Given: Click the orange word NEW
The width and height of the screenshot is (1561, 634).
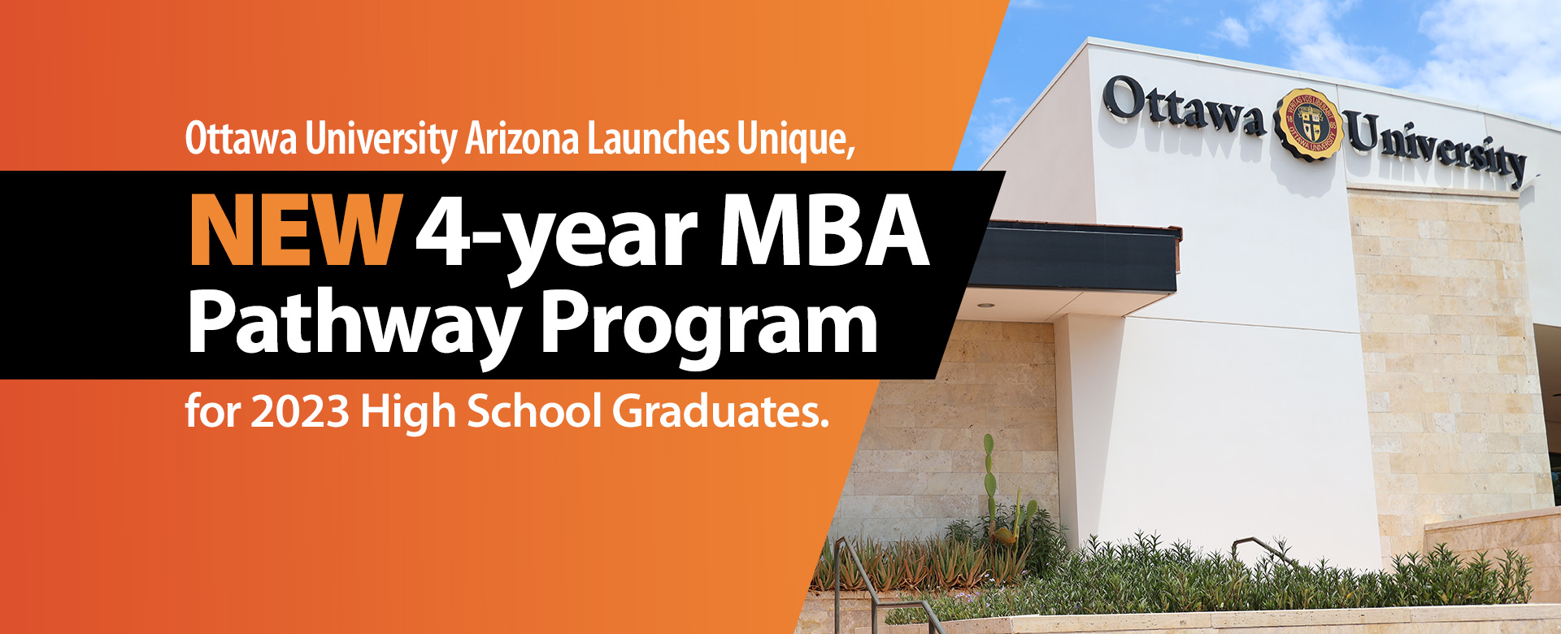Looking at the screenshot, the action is click(x=295, y=231).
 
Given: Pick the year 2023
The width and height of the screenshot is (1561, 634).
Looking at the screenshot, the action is click(x=300, y=411).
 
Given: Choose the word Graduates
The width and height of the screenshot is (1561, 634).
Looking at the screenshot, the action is click(x=720, y=411).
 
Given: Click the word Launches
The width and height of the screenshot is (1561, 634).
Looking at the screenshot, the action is click(x=658, y=138).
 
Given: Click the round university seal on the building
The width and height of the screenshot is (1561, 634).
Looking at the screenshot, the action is click(x=1307, y=124).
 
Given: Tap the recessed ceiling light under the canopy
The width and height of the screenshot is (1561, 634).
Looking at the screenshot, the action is click(x=986, y=306).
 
